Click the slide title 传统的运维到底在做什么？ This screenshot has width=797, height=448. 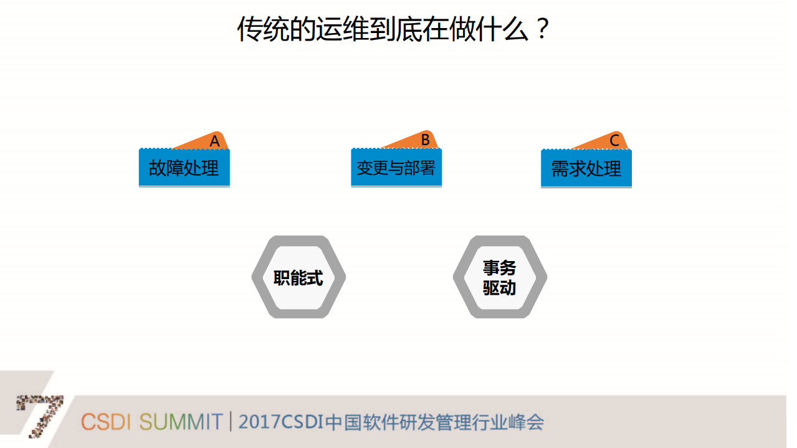394,29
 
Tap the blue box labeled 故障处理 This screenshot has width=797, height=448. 184,168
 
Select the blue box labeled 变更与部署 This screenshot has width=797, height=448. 396,168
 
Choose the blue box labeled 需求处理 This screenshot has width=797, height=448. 586,168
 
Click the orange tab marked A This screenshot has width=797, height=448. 212,141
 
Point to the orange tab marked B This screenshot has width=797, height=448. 422,140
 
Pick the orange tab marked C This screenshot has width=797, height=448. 612,141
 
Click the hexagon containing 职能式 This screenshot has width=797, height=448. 298,277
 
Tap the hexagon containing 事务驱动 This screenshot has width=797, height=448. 499,277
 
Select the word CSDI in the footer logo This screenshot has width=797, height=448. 105,422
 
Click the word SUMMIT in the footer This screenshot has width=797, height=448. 181,422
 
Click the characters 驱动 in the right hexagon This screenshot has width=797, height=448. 499,288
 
